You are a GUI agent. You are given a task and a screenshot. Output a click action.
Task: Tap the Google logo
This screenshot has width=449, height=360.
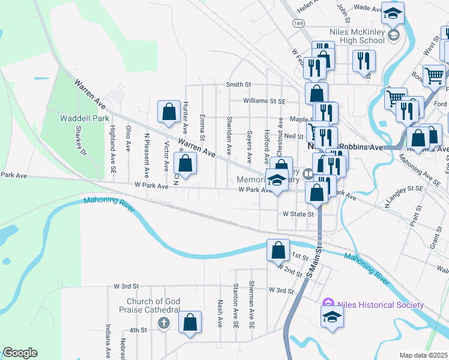20,353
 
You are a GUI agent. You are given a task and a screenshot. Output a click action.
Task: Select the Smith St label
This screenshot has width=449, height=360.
238,85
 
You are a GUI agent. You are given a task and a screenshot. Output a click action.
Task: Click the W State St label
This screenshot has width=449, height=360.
298,214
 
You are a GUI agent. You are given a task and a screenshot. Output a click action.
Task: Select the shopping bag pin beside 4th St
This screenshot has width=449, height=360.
190,322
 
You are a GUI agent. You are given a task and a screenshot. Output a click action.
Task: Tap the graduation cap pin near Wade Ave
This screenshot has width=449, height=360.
393,13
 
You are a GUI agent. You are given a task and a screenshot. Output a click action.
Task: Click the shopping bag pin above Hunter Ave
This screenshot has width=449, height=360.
169,111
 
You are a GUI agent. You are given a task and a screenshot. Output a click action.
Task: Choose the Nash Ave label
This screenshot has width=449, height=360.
220,313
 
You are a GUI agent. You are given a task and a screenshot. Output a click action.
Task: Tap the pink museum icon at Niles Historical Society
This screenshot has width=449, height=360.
328,304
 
